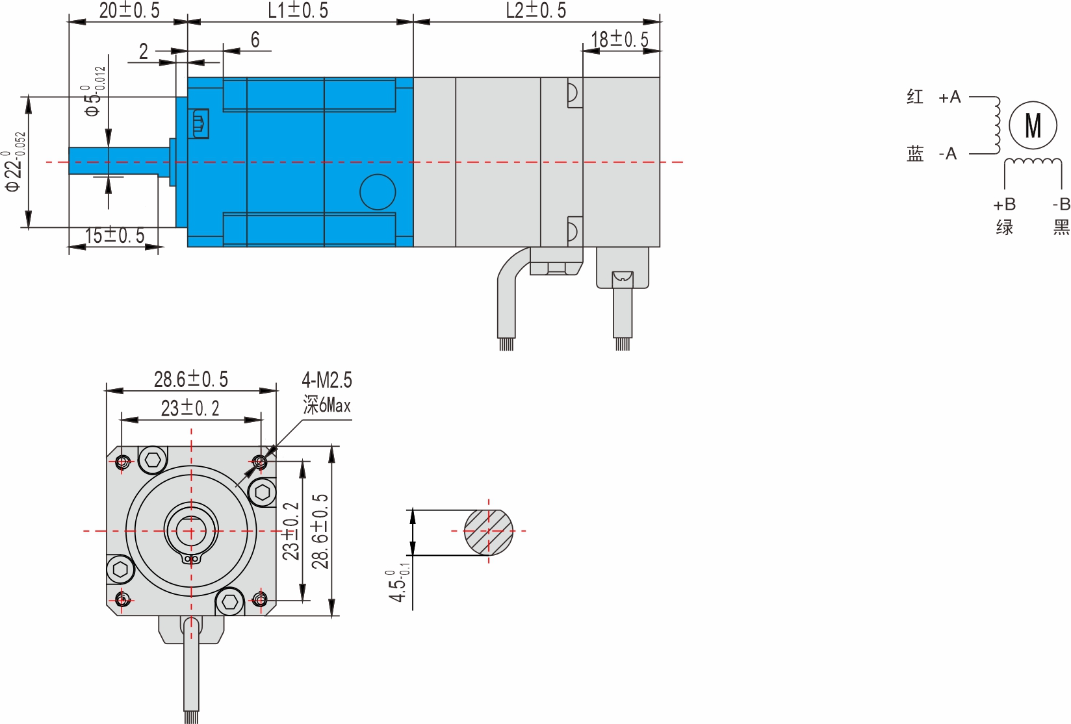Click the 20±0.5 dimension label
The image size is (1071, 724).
[129, 10]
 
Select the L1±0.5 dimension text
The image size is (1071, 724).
[298, 10]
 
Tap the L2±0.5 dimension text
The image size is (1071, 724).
[536, 10]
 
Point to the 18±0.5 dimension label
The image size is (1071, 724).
[620, 40]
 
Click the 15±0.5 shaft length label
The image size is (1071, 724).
[115, 235]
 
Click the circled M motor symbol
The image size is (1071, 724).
[1033, 125]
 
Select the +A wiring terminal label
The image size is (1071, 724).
[949, 97]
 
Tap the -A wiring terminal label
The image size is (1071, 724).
[948, 154]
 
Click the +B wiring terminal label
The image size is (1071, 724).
[1004, 205]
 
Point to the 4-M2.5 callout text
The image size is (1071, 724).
[326, 380]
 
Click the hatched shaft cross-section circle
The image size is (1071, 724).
[488, 532]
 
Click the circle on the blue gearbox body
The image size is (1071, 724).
[378, 192]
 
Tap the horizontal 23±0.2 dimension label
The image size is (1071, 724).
[190, 408]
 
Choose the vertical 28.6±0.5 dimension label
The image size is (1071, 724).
[320, 531]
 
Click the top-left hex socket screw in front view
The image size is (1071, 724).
[153, 460]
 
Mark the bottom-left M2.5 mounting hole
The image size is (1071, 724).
[122, 599]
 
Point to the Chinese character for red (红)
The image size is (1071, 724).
[915, 97]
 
